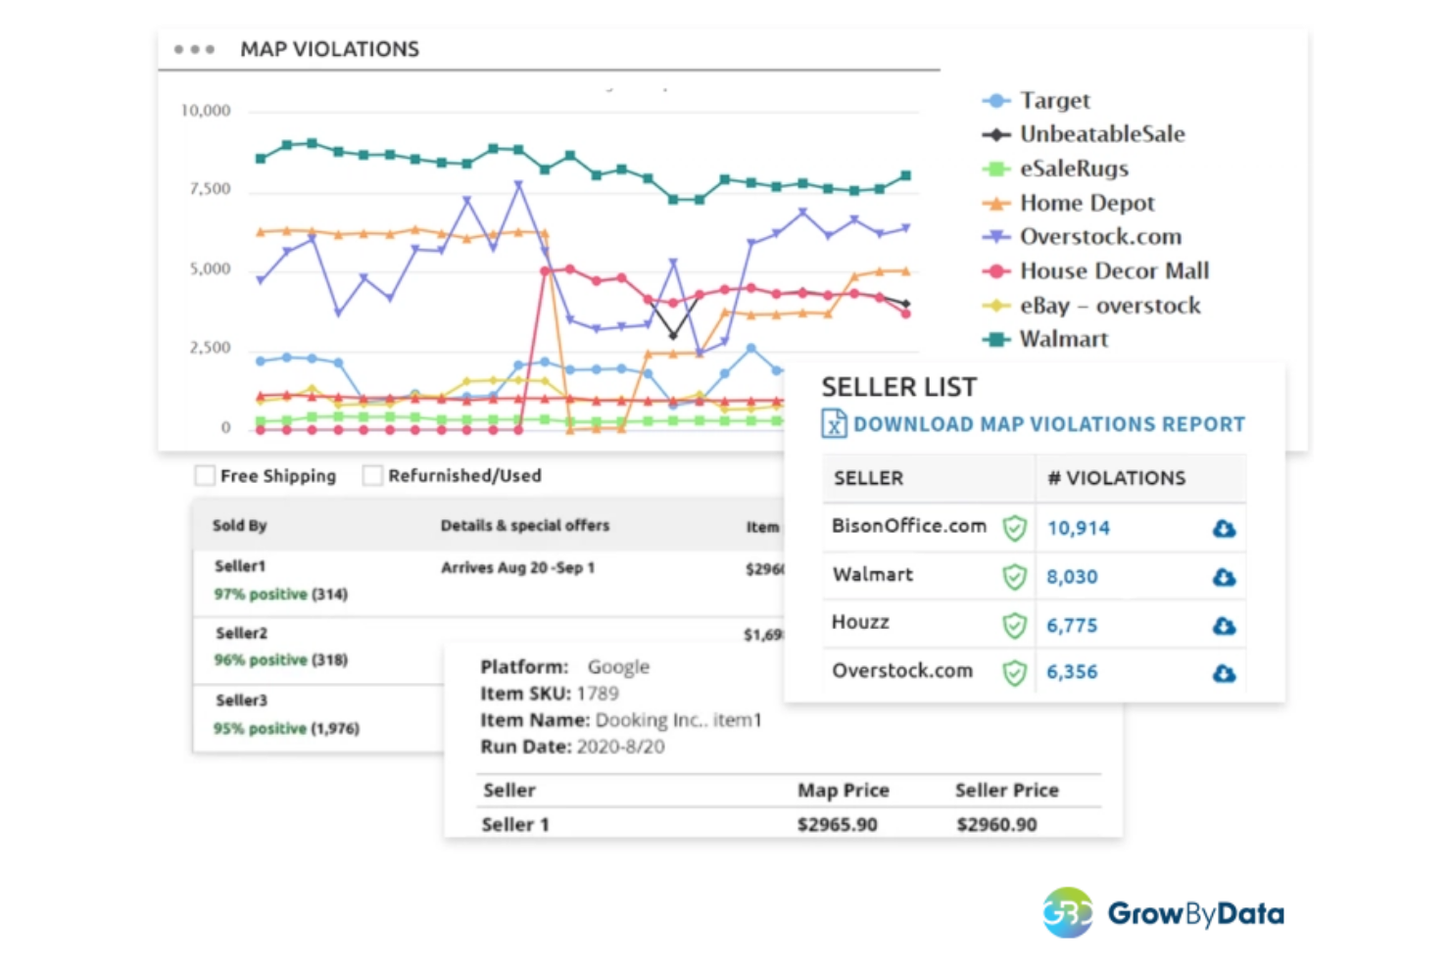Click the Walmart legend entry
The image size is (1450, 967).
[x=1063, y=339]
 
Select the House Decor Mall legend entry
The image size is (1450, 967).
[x=1113, y=270]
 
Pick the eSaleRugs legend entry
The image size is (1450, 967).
[x=1073, y=169]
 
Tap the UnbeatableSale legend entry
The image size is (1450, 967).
[x=1101, y=134]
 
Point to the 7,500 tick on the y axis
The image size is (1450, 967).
[x=210, y=188]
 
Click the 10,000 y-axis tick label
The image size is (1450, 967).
[x=206, y=111]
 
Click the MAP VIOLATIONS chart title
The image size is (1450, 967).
[x=329, y=49]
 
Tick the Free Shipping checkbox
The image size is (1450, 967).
[x=205, y=476]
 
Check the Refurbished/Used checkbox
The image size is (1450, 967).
[x=372, y=476]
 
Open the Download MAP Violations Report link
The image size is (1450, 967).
[x=1047, y=424]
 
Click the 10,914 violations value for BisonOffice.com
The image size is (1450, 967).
[x=1078, y=528]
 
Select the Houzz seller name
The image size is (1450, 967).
[x=860, y=622]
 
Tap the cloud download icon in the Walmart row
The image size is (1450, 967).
[x=1224, y=577]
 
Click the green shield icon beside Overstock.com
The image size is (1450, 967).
[x=1014, y=673]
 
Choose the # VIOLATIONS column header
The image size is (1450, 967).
[x=1116, y=478]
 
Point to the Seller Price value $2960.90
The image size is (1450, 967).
[x=996, y=825]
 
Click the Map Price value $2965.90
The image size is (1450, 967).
[x=837, y=825]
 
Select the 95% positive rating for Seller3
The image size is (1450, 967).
[x=260, y=728]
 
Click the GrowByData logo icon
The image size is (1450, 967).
[x=1067, y=913]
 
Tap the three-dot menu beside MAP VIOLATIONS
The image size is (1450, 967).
[x=194, y=49]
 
